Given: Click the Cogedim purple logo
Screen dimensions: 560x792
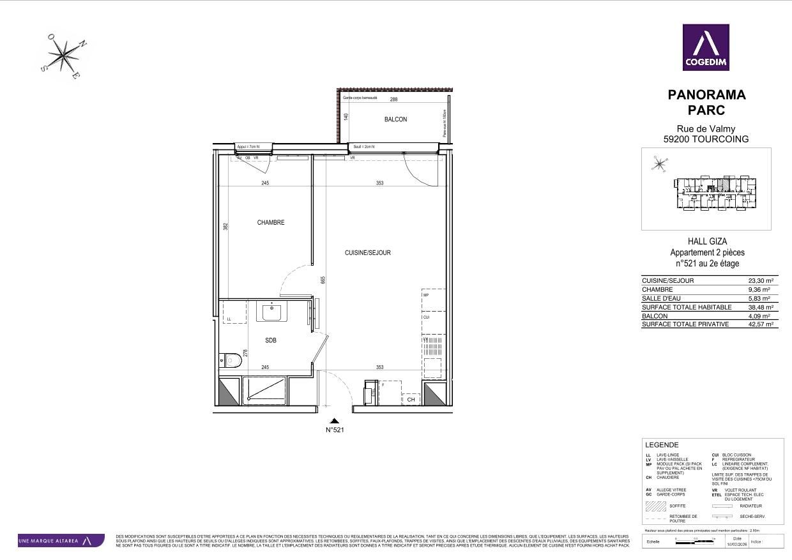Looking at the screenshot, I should [706, 47].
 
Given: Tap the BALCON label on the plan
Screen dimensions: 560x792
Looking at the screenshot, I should [395, 119].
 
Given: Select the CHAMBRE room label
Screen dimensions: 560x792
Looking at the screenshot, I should [271, 223].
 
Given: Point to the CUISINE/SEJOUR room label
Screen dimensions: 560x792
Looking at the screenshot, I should [367, 253].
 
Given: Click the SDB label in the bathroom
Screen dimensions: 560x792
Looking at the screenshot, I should [271, 340].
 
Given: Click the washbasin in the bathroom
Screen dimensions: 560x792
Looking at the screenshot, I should [272, 312].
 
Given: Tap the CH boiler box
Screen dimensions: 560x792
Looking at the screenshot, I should [411, 400].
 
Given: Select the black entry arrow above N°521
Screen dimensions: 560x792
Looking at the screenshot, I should [334, 421].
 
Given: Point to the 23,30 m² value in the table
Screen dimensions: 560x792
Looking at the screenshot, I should [761, 280].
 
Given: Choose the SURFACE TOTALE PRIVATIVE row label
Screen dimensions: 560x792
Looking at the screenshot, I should [685, 324].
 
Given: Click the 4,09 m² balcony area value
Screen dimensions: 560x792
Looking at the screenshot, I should [761, 316].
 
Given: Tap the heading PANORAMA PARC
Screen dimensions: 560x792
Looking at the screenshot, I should [706, 102].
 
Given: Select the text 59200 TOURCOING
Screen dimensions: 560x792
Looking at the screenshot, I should [706, 139].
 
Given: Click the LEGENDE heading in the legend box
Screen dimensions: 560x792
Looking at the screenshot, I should [662, 445].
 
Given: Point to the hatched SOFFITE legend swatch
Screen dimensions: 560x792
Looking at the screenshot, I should [655, 506].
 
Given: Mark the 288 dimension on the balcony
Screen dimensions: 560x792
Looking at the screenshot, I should [394, 100].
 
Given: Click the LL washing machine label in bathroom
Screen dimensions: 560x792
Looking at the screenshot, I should [229, 319].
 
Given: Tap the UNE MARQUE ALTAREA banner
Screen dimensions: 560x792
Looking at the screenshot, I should [61, 541].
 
